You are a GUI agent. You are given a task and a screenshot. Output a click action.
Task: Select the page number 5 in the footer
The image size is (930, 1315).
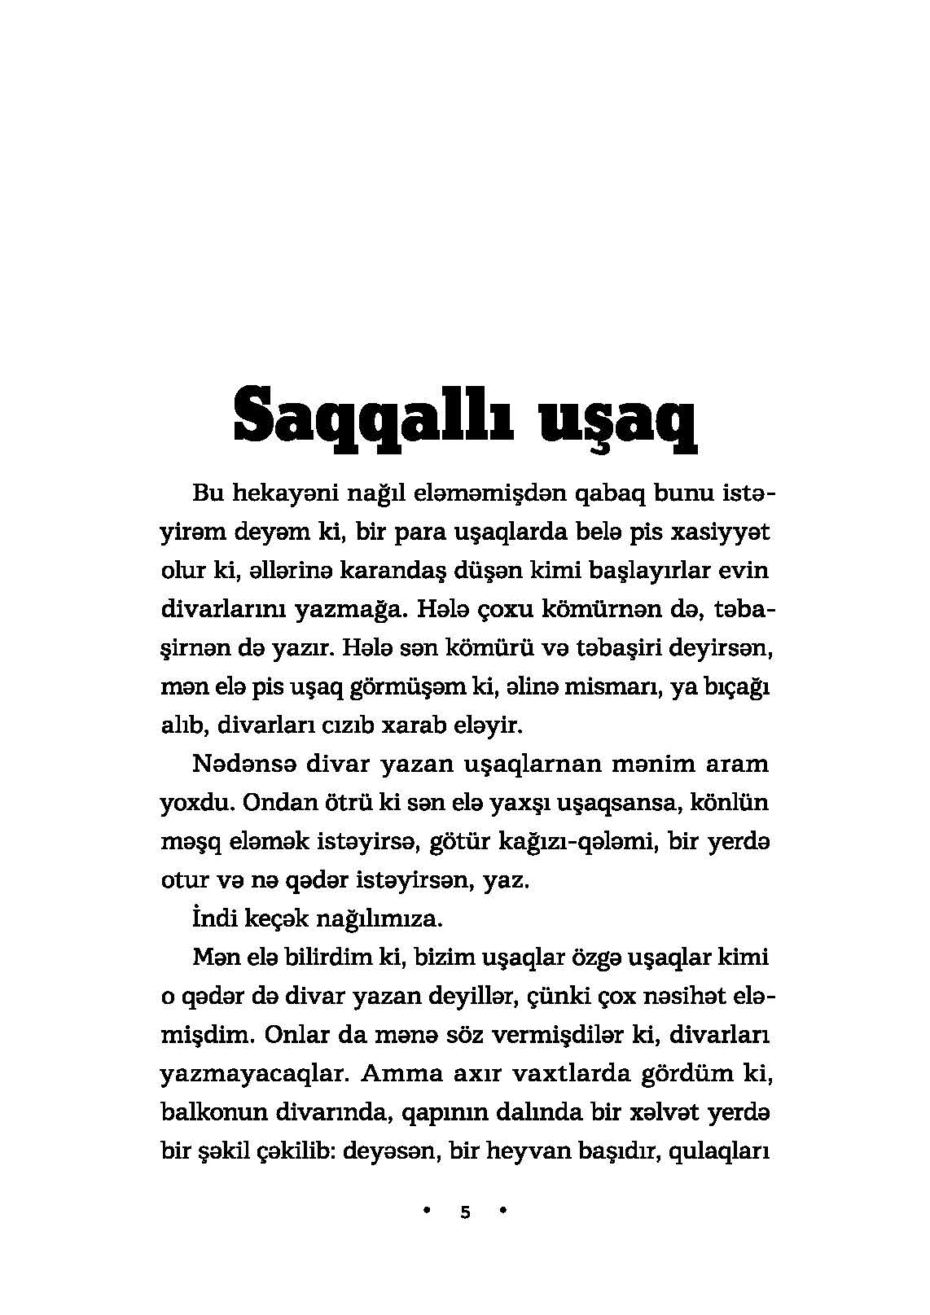point(465,1212)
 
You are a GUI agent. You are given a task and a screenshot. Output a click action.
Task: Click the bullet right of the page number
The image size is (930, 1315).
point(503,1211)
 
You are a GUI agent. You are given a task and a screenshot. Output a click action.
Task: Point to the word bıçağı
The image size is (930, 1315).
point(736,686)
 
